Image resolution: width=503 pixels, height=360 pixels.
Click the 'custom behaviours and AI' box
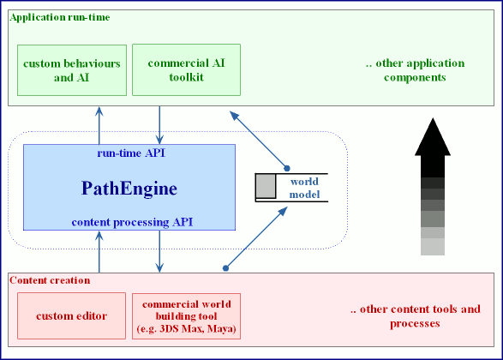point(72,70)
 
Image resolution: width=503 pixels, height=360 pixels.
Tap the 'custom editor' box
point(72,316)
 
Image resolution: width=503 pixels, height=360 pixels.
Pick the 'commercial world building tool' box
point(186,316)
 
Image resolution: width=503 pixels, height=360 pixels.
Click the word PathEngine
point(129,187)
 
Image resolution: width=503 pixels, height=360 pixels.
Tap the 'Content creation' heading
point(50,280)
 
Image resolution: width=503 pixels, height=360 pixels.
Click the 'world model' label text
point(304,189)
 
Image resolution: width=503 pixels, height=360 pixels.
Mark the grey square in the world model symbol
point(266,186)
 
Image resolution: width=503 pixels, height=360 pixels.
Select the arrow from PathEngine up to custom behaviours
point(100,125)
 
